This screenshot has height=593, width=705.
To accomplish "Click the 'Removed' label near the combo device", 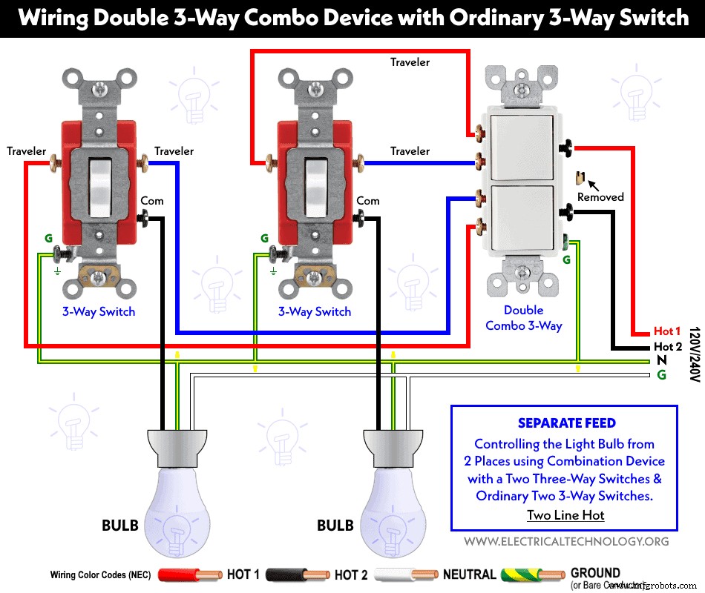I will (600, 197).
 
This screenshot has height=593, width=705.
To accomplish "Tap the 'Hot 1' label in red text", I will (667, 331).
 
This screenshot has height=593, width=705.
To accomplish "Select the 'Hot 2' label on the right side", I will (667, 347).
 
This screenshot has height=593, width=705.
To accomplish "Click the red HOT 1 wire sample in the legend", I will (189, 574).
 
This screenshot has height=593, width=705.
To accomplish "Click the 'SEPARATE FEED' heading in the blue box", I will (566, 423).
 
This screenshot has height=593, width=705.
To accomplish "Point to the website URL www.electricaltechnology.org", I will (566, 542).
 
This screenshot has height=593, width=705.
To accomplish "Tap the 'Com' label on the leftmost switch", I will (151, 201).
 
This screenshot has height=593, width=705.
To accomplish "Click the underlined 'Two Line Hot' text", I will (565, 515).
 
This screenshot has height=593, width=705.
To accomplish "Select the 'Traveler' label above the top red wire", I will (410, 62).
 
